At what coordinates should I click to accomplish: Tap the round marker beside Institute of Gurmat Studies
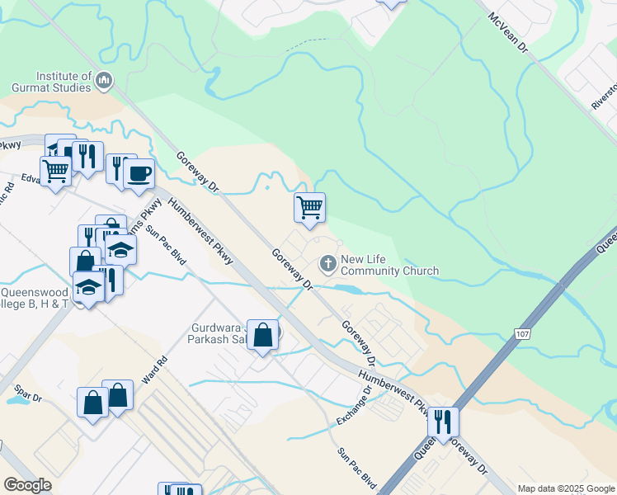pyautogui.click(x=104, y=80)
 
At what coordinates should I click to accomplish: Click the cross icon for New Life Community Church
pyautogui.click(x=327, y=264)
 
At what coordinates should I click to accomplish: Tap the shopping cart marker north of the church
pyautogui.click(x=309, y=207)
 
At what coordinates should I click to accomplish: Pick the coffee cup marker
pyautogui.click(x=139, y=173)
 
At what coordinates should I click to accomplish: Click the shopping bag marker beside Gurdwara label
pyautogui.click(x=262, y=335)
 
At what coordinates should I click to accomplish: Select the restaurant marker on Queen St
pyautogui.click(x=443, y=422)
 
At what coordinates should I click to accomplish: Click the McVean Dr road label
pyautogui.click(x=507, y=33)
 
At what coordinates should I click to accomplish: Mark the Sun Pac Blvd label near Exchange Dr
pyautogui.click(x=357, y=468)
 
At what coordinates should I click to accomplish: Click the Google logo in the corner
pyautogui.click(x=27, y=485)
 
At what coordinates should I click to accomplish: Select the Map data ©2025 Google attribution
pyautogui.click(x=565, y=488)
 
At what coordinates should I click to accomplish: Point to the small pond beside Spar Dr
pyautogui.click(x=16, y=401)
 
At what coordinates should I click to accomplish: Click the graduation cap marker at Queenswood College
pyautogui.click(x=88, y=286)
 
